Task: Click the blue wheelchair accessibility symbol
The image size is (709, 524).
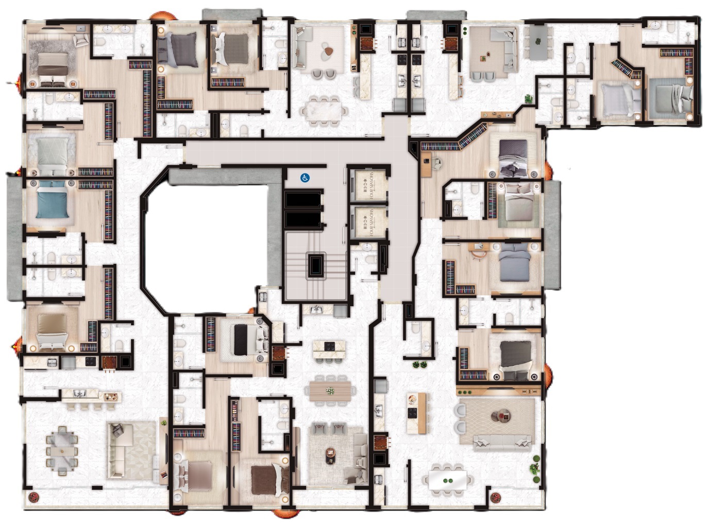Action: [x=305, y=178]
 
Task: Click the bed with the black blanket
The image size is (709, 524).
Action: [x=241, y=340]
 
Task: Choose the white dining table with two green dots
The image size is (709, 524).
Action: [x=447, y=480]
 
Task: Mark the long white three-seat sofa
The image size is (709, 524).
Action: [x=502, y=440]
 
